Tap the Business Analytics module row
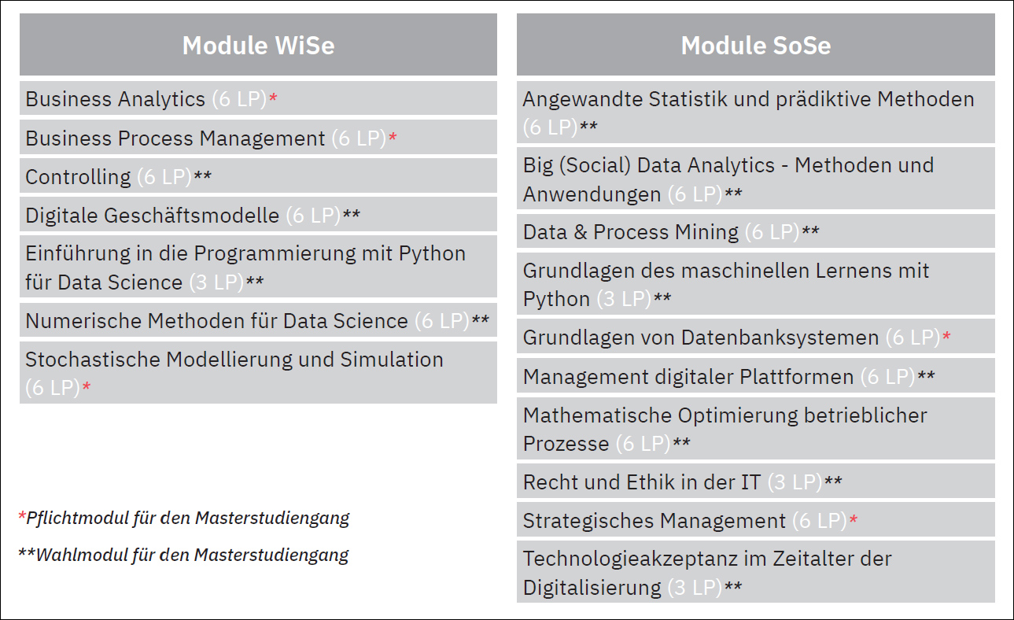click(x=258, y=98)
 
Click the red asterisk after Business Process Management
click(x=393, y=136)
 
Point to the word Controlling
click(x=78, y=177)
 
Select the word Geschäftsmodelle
click(x=191, y=216)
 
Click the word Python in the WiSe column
click(x=432, y=253)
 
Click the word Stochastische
click(x=92, y=360)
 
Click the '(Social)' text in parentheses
click(x=595, y=165)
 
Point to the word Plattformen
click(x=796, y=377)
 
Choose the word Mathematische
click(x=596, y=415)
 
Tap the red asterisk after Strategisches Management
click(x=854, y=519)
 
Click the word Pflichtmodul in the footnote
click(x=77, y=518)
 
